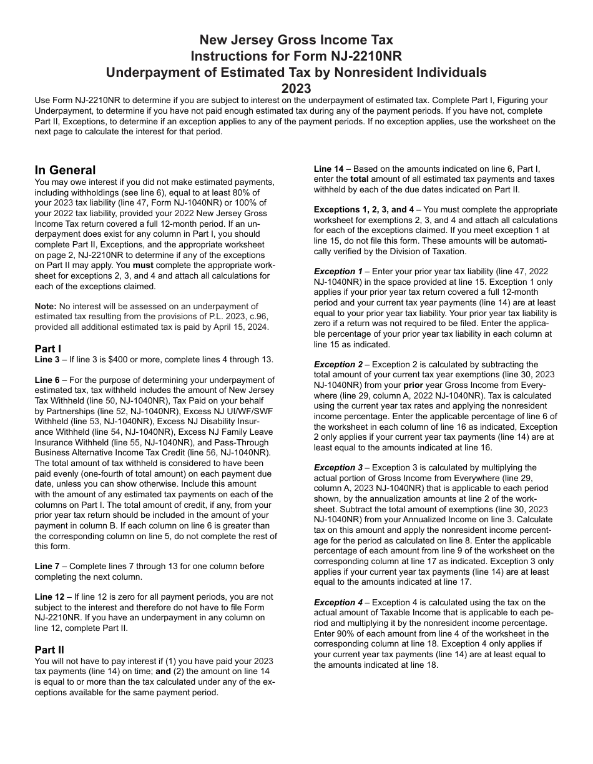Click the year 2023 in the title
tap(296, 88)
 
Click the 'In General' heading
tap(65, 170)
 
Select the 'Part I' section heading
tap(48, 349)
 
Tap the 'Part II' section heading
tap(49, 650)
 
